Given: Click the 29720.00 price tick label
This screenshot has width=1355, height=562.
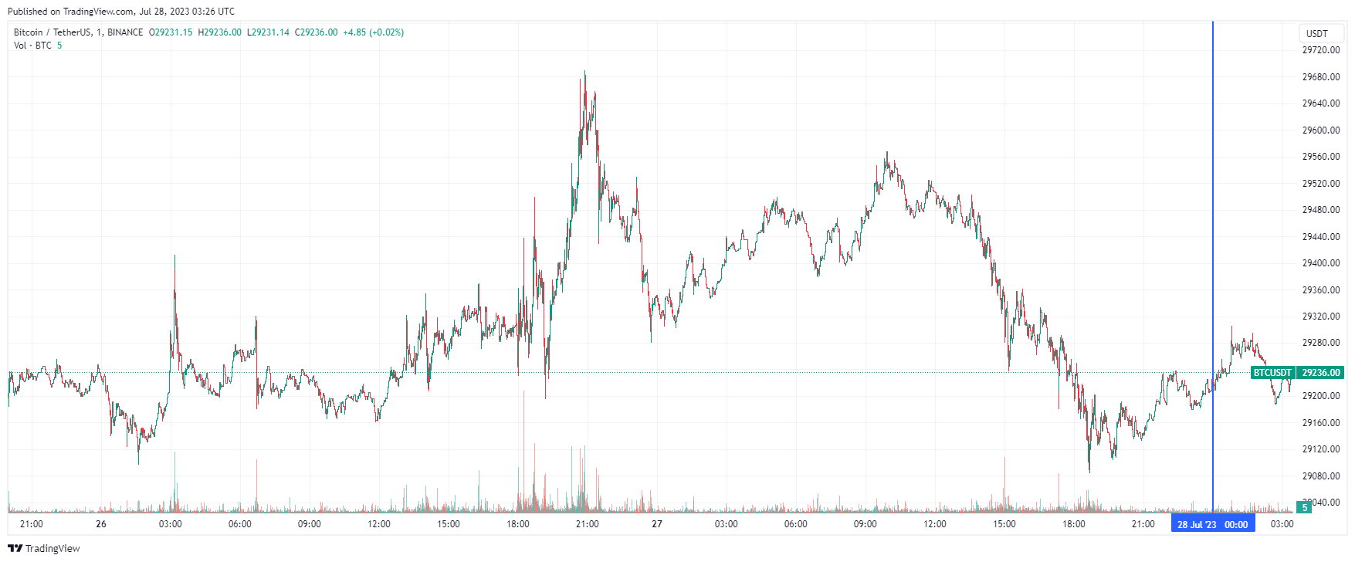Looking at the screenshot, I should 1320,50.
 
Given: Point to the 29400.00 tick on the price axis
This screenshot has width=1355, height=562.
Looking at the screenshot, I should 1320,263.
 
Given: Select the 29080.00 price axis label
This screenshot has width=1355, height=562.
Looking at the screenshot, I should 1320,476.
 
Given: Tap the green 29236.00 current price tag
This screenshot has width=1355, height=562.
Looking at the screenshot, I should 1320,373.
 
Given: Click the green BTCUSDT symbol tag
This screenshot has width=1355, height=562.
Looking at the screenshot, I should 1272,373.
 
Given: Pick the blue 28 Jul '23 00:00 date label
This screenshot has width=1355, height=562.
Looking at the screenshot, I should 1212,525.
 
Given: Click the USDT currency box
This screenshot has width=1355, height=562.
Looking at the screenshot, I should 1316,33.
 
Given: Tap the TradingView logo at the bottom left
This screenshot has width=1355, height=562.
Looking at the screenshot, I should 44,548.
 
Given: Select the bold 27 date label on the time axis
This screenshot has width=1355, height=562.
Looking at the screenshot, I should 657,524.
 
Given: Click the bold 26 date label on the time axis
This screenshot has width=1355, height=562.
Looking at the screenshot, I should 101,524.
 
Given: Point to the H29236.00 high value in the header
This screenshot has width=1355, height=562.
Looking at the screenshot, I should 220,32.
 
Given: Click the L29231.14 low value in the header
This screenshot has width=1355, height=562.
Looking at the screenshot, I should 268,32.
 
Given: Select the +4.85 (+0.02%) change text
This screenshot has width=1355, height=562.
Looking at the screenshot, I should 373,32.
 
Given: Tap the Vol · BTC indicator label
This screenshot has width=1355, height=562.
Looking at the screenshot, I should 32,46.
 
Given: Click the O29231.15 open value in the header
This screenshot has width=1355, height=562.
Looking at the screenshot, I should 171,32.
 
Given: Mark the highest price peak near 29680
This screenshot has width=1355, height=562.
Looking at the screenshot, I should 584,72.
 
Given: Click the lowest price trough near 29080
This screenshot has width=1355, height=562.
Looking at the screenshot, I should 1089,471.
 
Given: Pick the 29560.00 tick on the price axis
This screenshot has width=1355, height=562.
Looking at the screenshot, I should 1320,157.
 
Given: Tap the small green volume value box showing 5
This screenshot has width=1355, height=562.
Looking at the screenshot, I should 1305,508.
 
